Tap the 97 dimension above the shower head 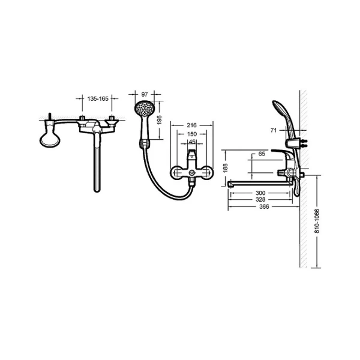(x=144, y=94)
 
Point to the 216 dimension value (x=192, y=125)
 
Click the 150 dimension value (x=192, y=134)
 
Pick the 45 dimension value (x=192, y=142)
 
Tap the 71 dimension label (x=274, y=129)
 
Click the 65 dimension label (x=262, y=154)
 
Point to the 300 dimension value (x=260, y=193)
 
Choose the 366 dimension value (x=260, y=208)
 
